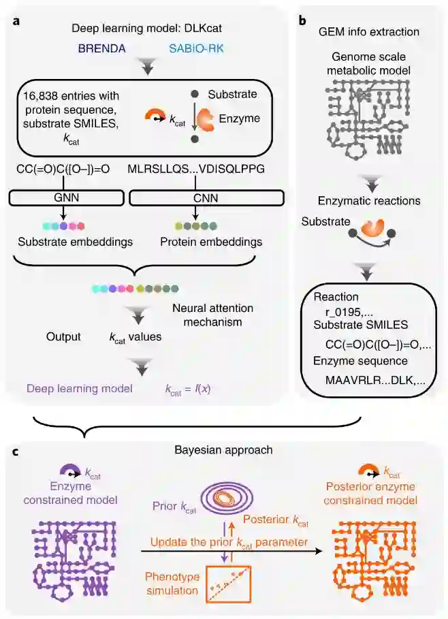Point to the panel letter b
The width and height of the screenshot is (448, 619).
tap(302, 22)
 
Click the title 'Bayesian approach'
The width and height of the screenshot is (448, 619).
tap(223, 451)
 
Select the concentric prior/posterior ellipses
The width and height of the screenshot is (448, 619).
tap(223, 502)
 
